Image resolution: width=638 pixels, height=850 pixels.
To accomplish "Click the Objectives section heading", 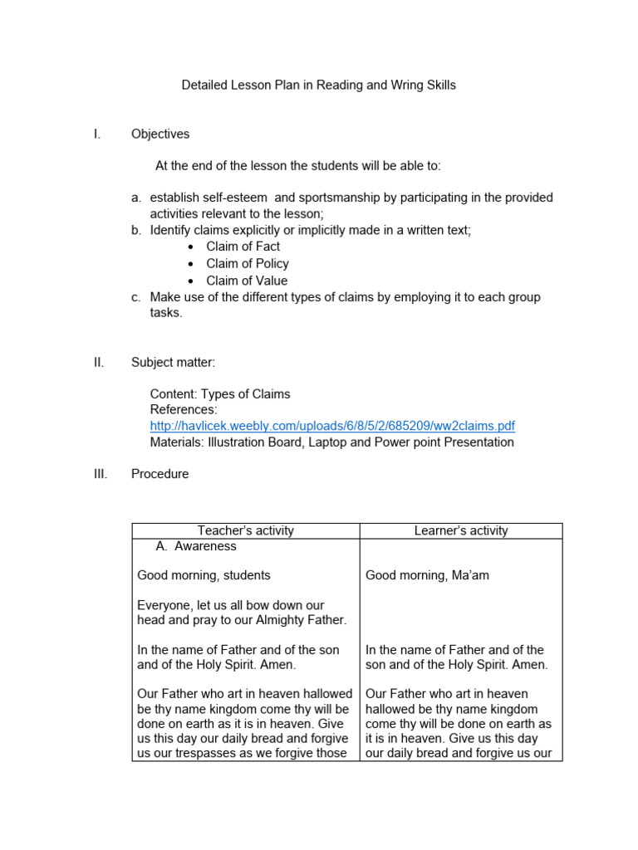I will click(x=160, y=134).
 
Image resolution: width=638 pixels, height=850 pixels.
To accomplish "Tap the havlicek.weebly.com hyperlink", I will click(x=332, y=426).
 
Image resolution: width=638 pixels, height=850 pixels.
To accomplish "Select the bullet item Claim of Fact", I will click(x=243, y=247).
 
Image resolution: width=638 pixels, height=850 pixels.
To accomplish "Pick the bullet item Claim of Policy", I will click(x=247, y=263).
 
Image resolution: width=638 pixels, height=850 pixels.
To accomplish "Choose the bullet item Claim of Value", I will click(x=247, y=281).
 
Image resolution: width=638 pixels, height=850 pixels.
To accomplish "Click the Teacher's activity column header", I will click(x=245, y=530).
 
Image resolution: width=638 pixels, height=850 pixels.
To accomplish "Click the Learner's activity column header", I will click(x=461, y=530).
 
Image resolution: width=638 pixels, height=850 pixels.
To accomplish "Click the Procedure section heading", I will click(x=159, y=474).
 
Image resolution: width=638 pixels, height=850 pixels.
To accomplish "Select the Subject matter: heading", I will click(x=173, y=362).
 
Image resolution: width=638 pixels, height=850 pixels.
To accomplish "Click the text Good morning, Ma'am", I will click(x=427, y=575).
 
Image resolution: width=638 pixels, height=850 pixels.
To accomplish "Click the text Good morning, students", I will click(x=204, y=575).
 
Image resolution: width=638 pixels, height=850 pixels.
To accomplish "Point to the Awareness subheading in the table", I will click(x=204, y=546).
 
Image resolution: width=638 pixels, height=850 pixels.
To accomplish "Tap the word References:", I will click(x=184, y=410).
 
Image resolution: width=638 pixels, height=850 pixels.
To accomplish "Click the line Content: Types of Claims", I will click(x=220, y=393).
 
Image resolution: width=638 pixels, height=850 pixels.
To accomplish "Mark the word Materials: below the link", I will click(x=177, y=442).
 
